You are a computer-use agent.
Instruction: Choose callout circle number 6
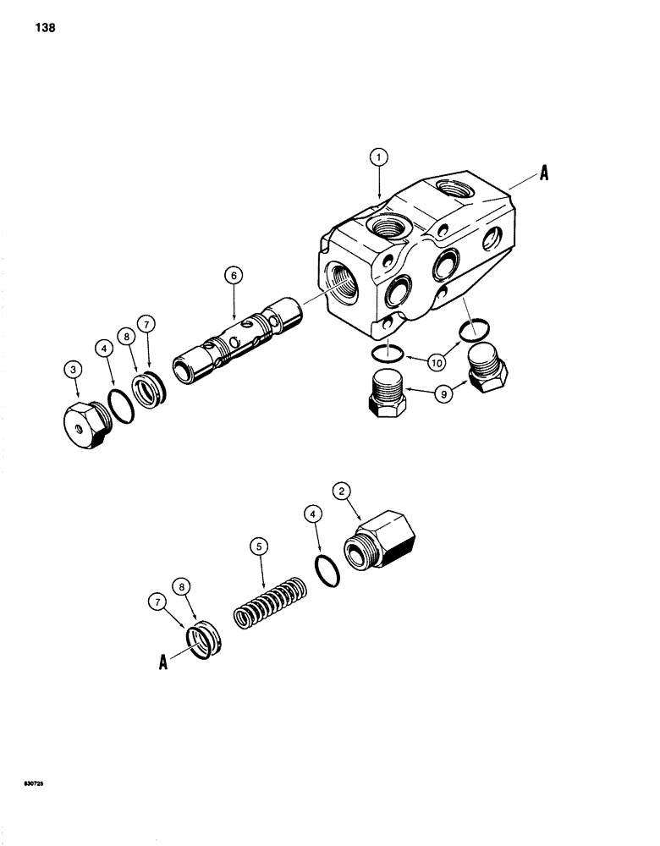click(x=234, y=274)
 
